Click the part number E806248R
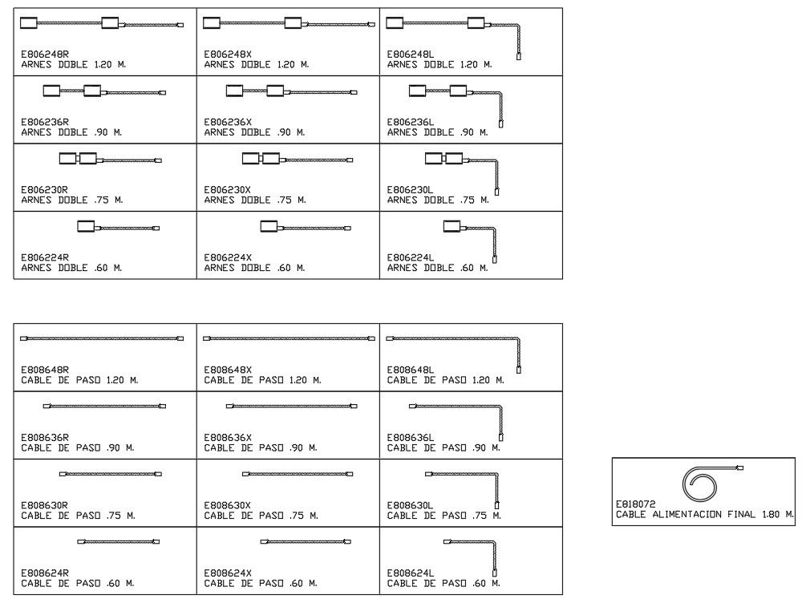point(41,55)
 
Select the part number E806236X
point(228,123)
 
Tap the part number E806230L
point(411,190)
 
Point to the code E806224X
point(228,257)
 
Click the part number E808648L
point(411,370)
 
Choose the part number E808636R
point(45,437)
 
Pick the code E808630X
point(228,505)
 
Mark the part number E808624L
point(411,573)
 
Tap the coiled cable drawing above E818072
point(700,481)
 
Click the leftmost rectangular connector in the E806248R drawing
point(30,23)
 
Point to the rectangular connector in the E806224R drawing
point(87,228)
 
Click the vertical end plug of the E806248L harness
point(519,56)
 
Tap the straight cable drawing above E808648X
point(289,339)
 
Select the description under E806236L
point(437,132)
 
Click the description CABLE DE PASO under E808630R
point(78,515)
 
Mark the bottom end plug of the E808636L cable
point(501,437)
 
